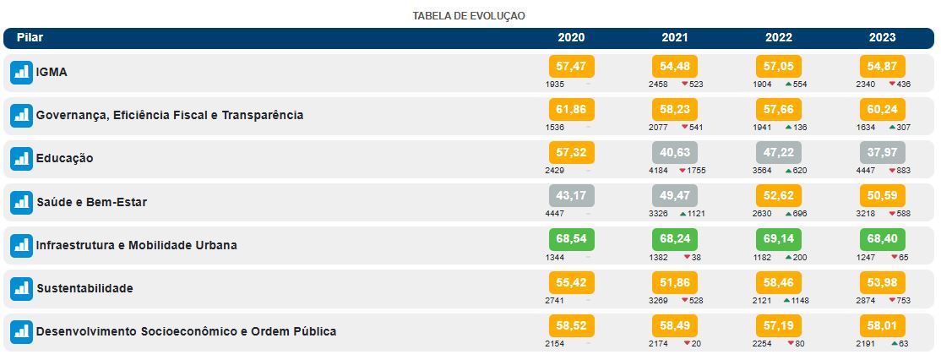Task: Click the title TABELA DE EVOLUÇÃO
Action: pos(469,16)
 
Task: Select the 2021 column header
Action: pos(674,38)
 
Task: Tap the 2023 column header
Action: pos(882,38)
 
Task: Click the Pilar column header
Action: pos(30,38)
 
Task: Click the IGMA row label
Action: pos(52,73)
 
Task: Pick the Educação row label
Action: pos(64,159)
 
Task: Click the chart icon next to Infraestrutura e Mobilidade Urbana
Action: pos(21,246)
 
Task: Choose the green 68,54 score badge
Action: pos(572,239)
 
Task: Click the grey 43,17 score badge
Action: pos(572,196)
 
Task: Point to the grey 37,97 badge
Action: pos(882,153)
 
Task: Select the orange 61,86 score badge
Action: pos(572,110)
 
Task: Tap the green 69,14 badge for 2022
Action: pos(778,239)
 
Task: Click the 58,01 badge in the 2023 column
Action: pos(882,325)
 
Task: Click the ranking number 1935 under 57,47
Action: pos(555,84)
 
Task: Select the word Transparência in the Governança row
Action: pos(262,115)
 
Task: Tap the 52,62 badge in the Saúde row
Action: pos(778,196)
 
